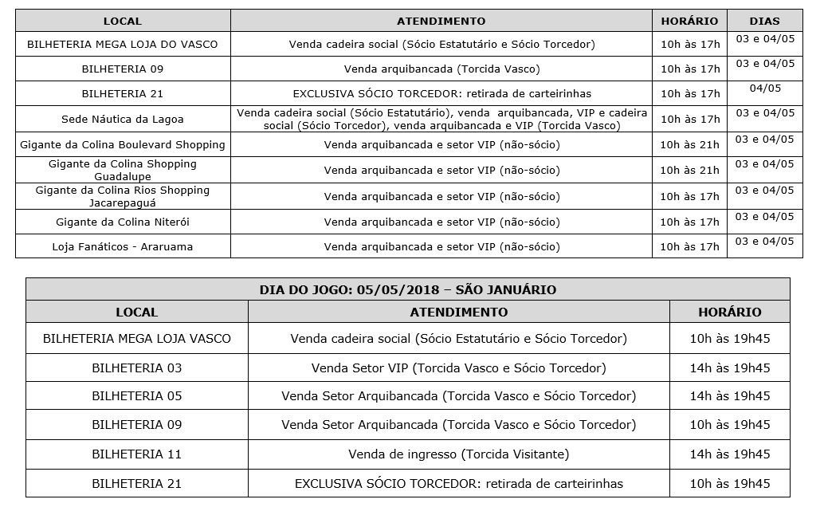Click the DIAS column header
point(764,21)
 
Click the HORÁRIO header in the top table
point(689,21)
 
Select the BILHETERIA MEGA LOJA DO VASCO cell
point(122,45)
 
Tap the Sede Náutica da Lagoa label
point(122,120)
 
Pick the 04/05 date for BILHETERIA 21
point(765,88)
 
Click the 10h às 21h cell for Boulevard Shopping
point(689,145)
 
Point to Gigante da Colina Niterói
point(122,222)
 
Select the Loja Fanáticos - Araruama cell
point(122,247)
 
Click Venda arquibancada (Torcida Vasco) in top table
point(441,69)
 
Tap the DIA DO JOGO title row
point(407,289)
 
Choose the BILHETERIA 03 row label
point(136,368)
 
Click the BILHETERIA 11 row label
point(136,454)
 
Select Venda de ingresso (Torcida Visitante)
point(458,454)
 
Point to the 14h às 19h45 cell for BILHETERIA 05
point(729,396)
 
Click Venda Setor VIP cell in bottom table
point(458,368)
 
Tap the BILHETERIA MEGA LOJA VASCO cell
point(136,339)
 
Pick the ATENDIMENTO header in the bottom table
point(458,313)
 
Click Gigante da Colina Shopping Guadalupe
point(122,170)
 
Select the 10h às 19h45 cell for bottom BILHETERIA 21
point(729,484)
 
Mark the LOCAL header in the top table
point(122,21)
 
